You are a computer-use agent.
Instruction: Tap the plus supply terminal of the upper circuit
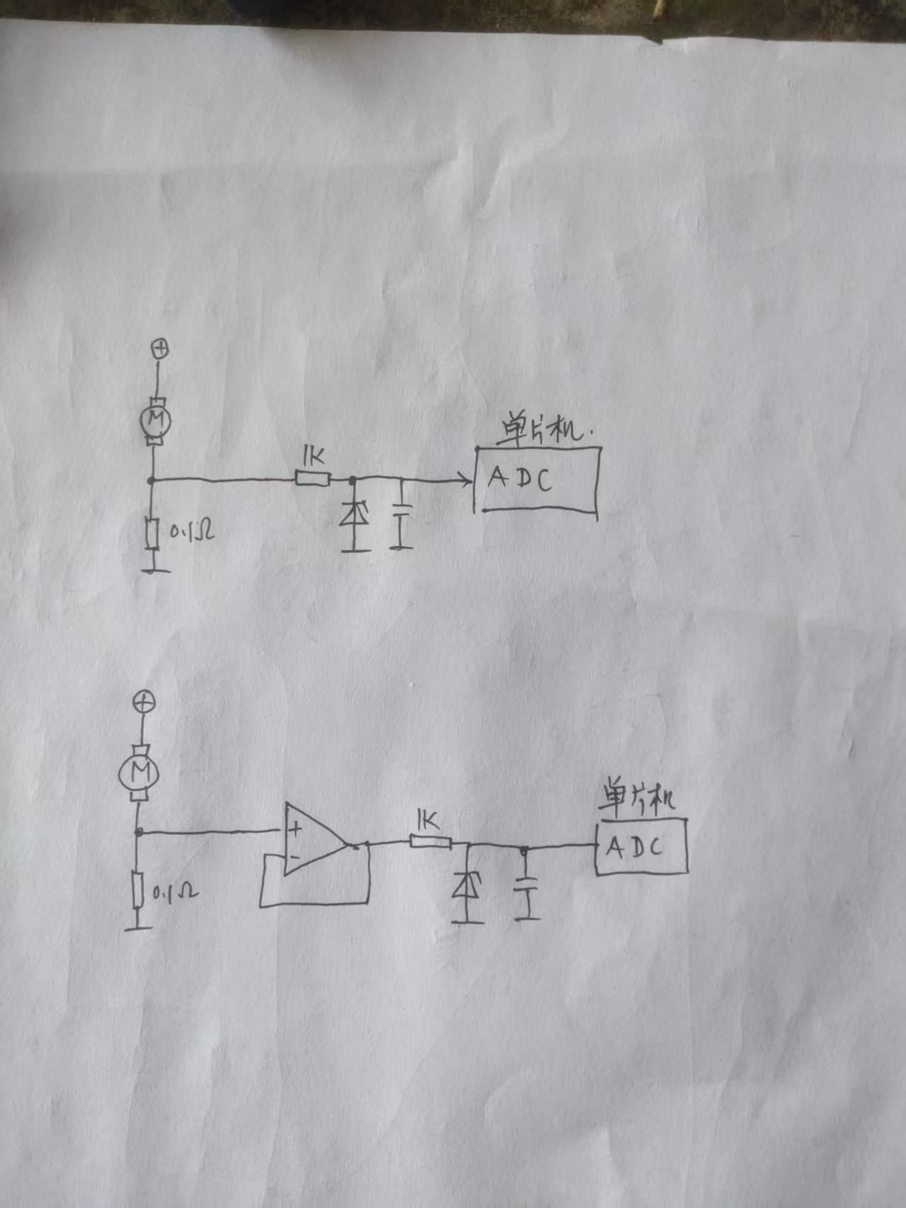tap(161, 348)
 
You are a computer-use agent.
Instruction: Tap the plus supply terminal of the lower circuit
tap(144, 702)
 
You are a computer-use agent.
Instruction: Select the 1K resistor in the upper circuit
tap(312, 479)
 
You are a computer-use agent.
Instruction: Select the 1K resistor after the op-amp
tap(430, 842)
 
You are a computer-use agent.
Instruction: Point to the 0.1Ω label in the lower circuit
tap(175, 892)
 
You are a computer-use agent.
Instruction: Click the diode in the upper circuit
tap(354, 515)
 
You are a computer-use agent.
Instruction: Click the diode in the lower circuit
tap(467, 886)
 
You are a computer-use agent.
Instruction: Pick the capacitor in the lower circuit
tap(525, 884)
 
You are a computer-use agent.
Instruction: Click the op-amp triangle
tap(312, 841)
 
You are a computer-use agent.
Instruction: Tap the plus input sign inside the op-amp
tap(295, 828)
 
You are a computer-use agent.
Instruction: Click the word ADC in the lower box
tap(635, 847)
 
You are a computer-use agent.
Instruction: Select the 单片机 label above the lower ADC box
tap(636, 798)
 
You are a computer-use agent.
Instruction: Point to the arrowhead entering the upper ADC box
tap(466, 481)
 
